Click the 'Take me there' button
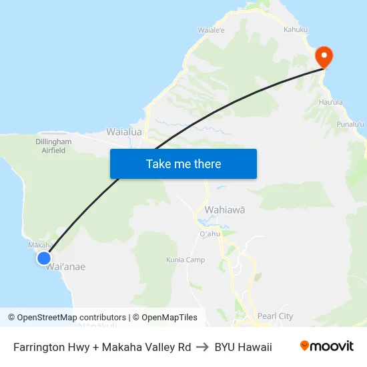click(x=183, y=163)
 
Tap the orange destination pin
click(x=324, y=57)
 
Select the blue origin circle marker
click(x=44, y=258)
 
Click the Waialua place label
click(x=124, y=132)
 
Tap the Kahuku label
click(x=296, y=30)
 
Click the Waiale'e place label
click(x=211, y=30)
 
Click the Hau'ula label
click(x=331, y=102)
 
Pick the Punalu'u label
click(x=350, y=124)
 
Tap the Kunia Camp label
click(x=186, y=260)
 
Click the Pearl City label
click(x=275, y=316)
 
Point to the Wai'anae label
click(x=65, y=267)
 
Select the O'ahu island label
click(x=210, y=234)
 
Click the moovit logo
click(x=326, y=346)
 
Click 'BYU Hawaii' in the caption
click(x=244, y=347)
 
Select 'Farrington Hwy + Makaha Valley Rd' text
click(x=102, y=347)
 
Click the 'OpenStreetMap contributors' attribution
click(x=71, y=318)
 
